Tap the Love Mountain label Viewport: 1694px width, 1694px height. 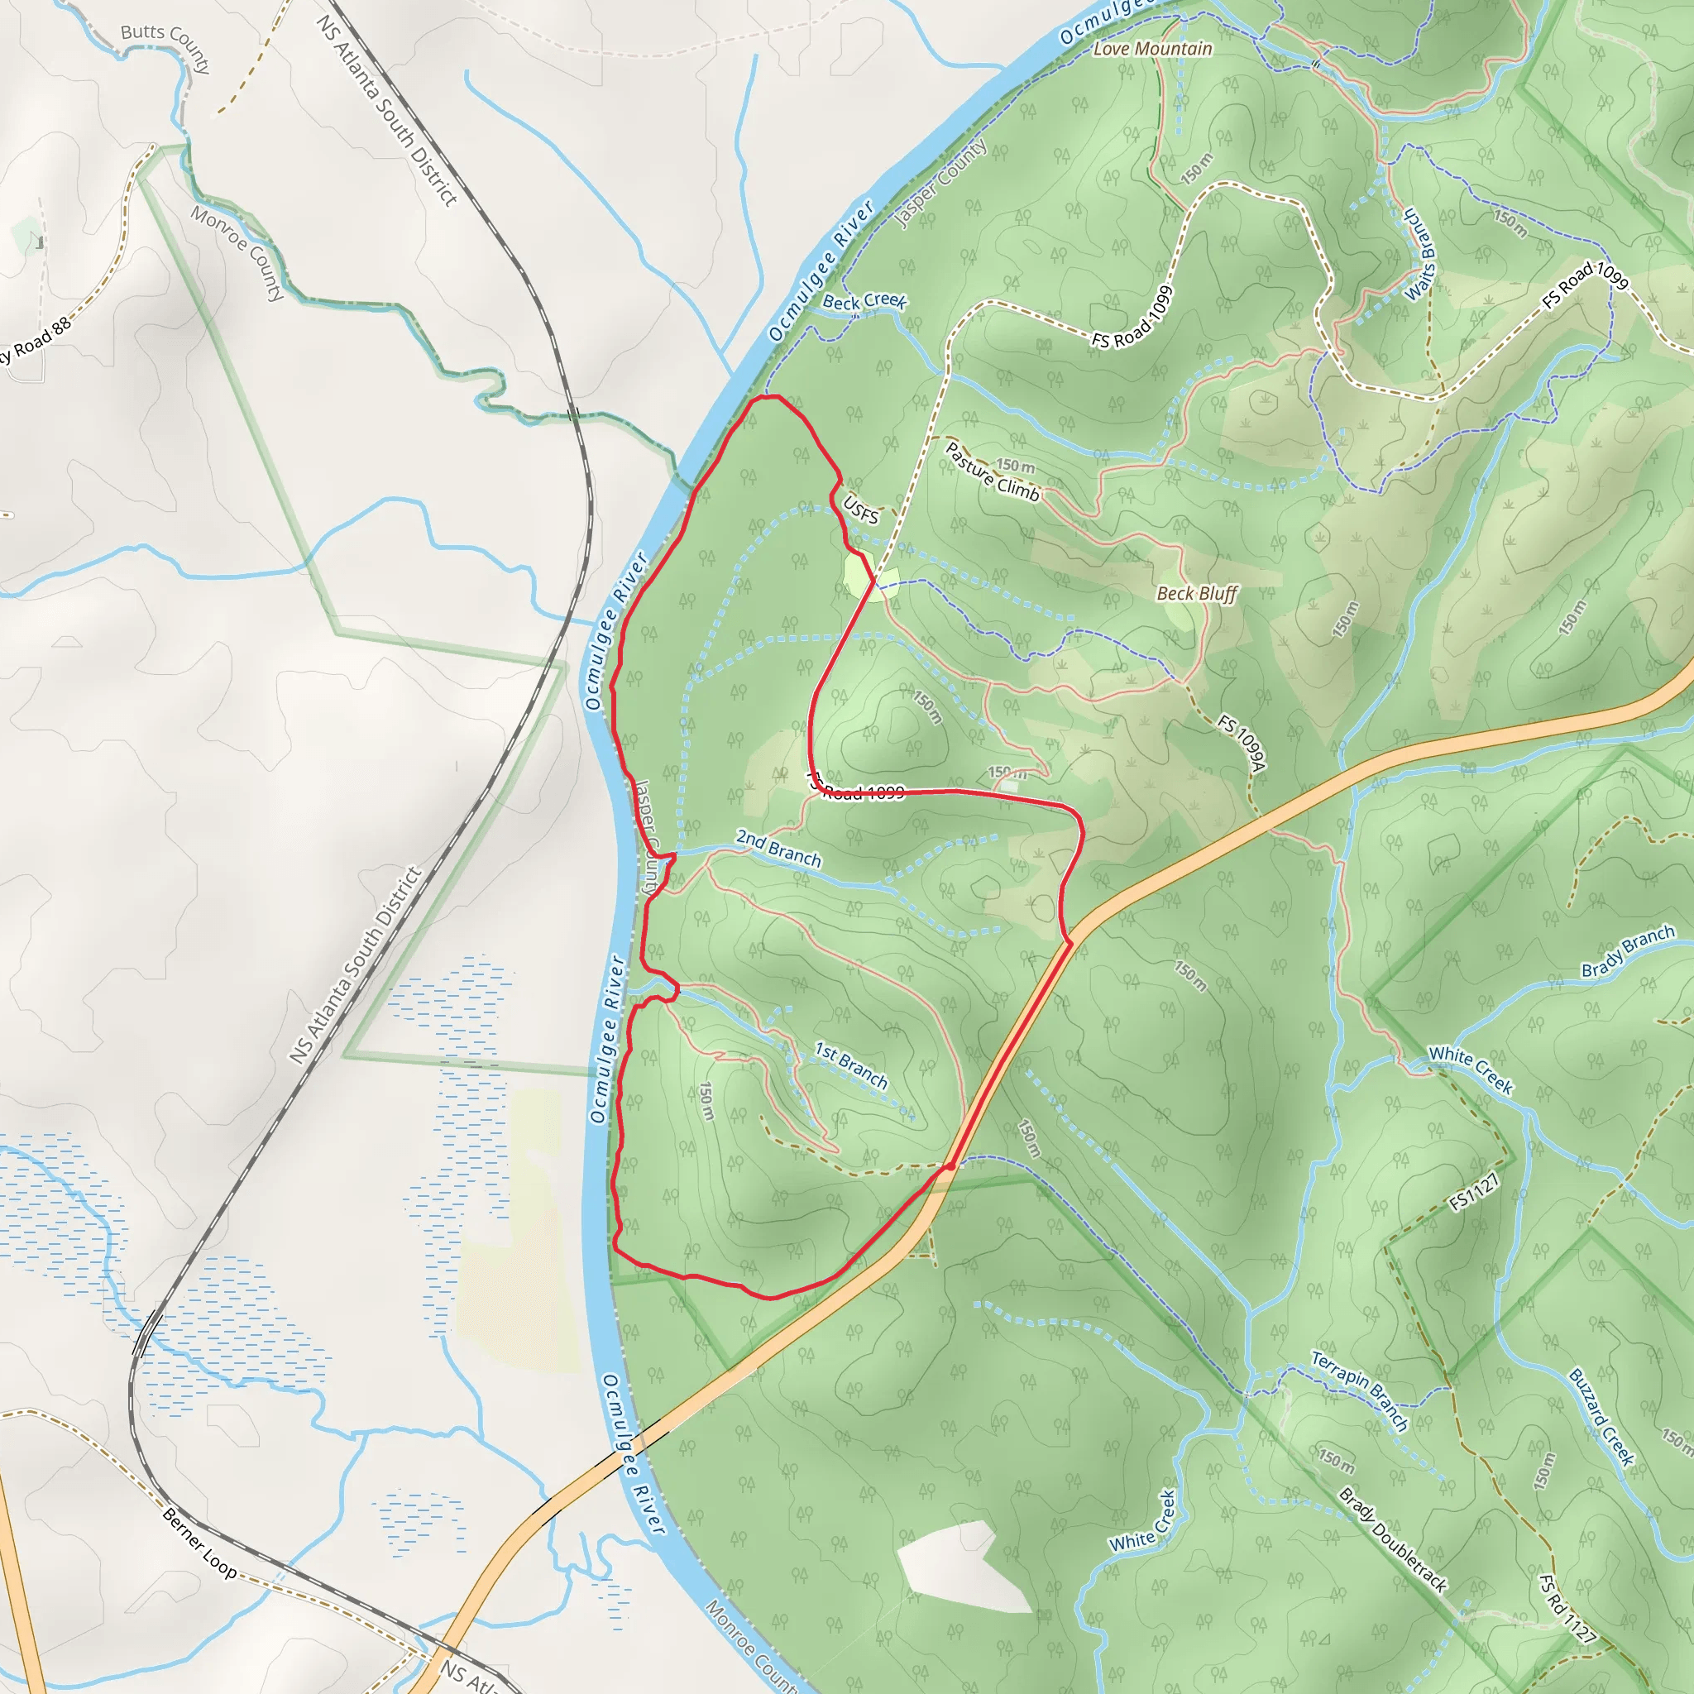pos(1152,49)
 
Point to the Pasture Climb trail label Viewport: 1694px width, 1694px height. pos(993,471)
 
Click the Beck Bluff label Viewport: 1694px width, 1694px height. pos(1196,594)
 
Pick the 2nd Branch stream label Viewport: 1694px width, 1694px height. pos(778,848)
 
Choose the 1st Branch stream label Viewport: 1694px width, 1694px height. pos(850,1065)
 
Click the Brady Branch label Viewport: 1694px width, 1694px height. pos(1627,951)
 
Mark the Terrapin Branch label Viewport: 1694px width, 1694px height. pos(1359,1390)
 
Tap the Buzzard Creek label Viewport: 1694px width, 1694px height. pos(1601,1417)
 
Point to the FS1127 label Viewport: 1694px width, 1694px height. pos(1474,1194)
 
